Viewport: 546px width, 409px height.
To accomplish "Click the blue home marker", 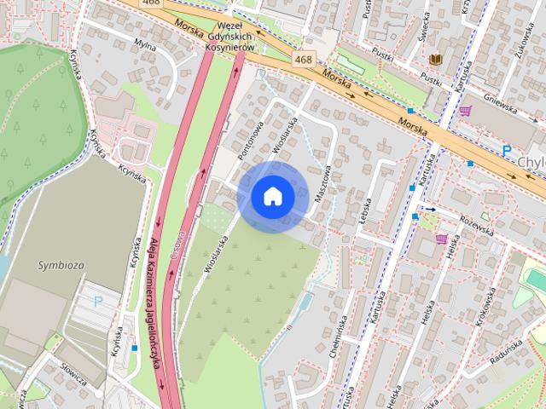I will (x=273, y=197).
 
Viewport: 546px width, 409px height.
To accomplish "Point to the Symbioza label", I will (x=61, y=265).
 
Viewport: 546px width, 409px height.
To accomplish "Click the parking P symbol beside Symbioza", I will (x=97, y=301).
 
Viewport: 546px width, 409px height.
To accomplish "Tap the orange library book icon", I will (x=436, y=59).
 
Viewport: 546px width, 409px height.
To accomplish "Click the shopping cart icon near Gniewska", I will (x=465, y=110).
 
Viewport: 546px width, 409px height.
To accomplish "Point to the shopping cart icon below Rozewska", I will (x=441, y=239).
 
